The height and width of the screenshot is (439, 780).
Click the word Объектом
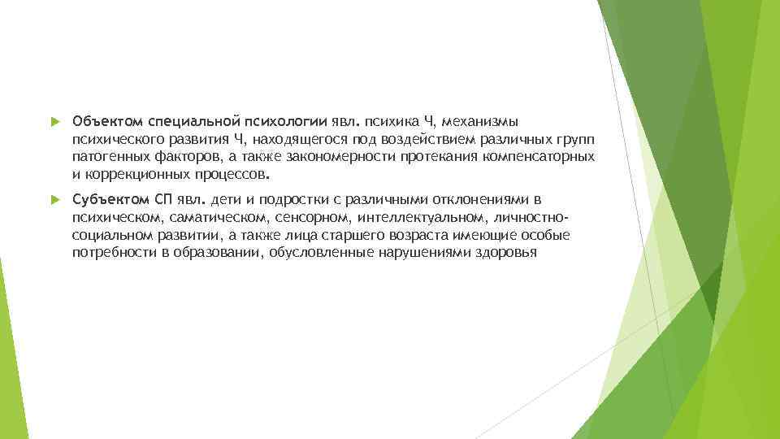(104, 122)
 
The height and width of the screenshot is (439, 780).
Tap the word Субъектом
(106, 200)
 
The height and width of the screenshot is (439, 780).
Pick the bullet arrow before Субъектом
(54, 200)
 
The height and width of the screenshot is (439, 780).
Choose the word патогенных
(108, 156)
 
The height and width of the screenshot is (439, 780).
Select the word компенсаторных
(543, 156)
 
